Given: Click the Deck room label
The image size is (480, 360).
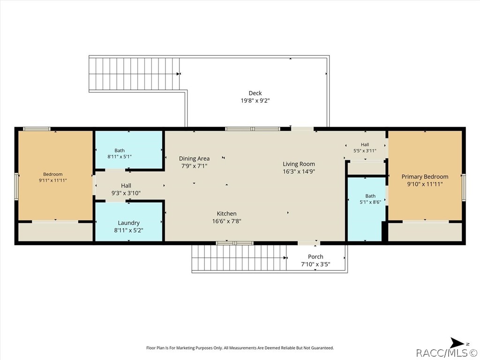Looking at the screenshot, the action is click(255, 93).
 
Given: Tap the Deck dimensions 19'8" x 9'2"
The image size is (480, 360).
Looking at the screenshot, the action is click(255, 100).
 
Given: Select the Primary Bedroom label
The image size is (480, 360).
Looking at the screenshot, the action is click(425, 177).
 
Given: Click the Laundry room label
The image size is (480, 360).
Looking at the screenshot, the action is click(128, 223).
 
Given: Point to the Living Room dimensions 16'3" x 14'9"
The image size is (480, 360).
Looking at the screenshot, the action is click(299, 172).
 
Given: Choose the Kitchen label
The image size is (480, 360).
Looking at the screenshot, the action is click(226, 214).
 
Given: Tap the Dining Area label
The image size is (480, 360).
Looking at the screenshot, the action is click(195, 158).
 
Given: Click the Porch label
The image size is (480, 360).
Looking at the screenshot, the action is click(315, 257).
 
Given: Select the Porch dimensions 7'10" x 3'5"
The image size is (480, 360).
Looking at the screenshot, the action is click(315, 264).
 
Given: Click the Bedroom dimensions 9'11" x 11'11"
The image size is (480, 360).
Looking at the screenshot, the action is click(52, 180).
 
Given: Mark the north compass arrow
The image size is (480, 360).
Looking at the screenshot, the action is click(457, 343).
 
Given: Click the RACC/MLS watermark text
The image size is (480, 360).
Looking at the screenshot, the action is click(448, 353).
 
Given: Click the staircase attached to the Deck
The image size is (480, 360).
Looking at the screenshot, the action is click(134, 74).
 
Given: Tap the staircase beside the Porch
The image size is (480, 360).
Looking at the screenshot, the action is click(239, 258).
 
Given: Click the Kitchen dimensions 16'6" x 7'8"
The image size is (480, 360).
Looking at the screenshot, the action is click(226, 221).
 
